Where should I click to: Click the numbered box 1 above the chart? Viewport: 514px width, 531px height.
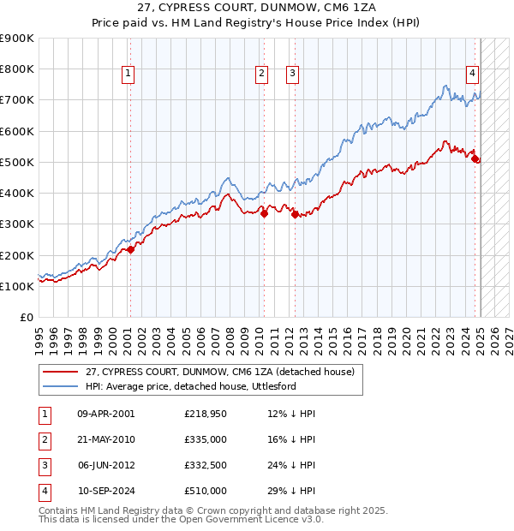[x=128, y=75]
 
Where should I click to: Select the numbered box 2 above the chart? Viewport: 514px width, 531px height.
[x=260, y=75]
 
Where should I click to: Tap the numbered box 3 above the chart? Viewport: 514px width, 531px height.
[x=292, y=75]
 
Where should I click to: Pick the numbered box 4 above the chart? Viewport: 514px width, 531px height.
[x=472, y=75]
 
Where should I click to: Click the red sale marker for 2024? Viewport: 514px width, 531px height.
[x=476, y=159]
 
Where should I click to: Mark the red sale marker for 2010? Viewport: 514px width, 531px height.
[x=264, y=214]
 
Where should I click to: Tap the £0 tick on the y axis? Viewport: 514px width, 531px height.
[x=26, y=317]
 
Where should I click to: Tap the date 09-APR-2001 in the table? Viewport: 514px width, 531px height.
[x=106, y=414]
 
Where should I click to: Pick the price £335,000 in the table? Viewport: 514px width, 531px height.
[x=205, y=439]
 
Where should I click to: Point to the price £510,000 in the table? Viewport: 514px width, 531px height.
[x=205, y=491]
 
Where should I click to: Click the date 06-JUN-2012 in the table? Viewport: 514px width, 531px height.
[x=106, y=465]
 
